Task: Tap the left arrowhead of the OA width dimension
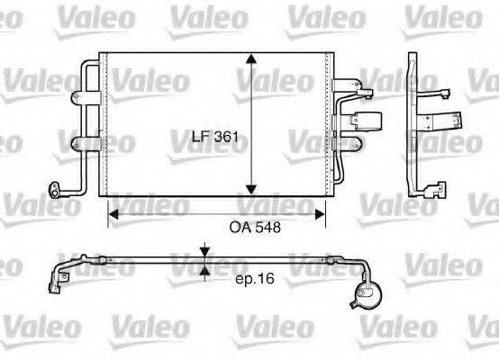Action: tap(113, 213)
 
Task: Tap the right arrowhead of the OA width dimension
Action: tap(321, 213)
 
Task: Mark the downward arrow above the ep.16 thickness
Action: tap(206, 251)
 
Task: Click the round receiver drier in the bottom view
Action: tap(367, 293)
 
